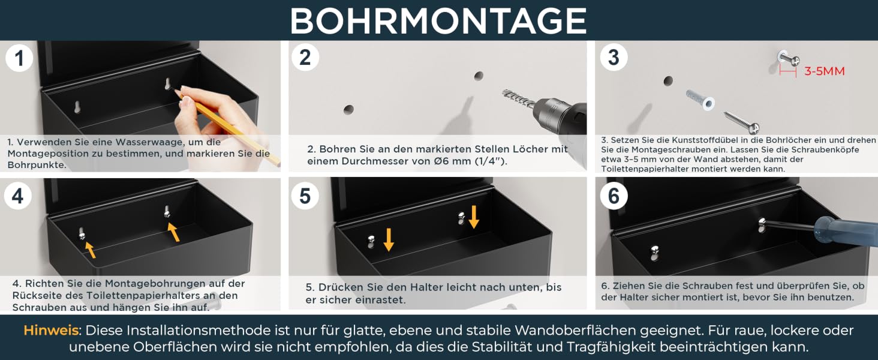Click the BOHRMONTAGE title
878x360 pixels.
click(438, 20)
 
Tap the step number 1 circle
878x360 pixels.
click(19, 58)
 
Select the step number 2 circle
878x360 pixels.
click(305, 57)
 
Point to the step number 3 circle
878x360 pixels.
click(614, 57)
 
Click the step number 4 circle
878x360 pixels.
click(17, 196)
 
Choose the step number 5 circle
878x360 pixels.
click(305, 196)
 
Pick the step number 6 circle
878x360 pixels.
click(614, 196)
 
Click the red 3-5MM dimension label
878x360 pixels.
click(824, 71)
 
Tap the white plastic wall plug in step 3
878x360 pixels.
click(700, 100)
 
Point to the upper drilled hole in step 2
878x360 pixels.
click(479, 76)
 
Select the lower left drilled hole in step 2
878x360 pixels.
click(348, 109)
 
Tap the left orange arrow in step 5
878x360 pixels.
click(389, 239)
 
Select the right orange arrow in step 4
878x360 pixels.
click(173, 232)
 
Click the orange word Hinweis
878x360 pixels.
click(51, 331)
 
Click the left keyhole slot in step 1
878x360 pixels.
click(77, 107)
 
